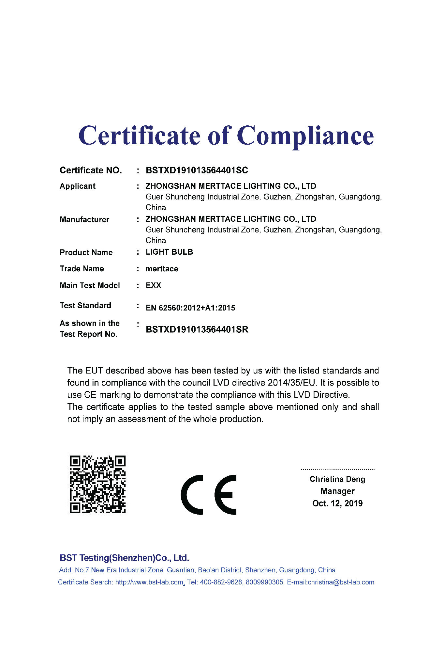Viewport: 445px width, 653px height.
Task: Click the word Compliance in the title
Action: (305, 136)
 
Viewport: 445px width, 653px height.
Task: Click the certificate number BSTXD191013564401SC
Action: (197, 170)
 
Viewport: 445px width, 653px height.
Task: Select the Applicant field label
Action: (78, 186)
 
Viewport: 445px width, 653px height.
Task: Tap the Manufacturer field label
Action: (84, 219)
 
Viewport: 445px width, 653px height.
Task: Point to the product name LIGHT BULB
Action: (169, 252)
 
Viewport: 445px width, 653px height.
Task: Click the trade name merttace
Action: (162, 269)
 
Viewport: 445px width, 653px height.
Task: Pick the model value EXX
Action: (153, 285)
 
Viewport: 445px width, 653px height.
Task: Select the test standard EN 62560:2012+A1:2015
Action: (190, 308)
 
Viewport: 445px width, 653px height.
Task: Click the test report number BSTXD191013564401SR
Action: (197, 329)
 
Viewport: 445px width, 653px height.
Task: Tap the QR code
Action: (98, 484)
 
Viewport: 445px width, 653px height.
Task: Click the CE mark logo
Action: (209, 495)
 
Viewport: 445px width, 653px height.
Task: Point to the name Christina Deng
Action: (337, 479)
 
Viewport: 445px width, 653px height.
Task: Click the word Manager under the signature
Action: (337, 491)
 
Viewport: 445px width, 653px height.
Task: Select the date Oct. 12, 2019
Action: (337, 503)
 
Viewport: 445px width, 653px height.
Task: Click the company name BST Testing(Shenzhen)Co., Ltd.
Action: (124, 558)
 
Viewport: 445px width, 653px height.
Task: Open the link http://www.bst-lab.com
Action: (149, 582)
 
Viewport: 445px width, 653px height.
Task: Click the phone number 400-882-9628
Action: (221, 582)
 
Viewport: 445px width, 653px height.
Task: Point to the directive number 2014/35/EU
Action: (291, 383)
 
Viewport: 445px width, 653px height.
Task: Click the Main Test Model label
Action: (90, 285)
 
